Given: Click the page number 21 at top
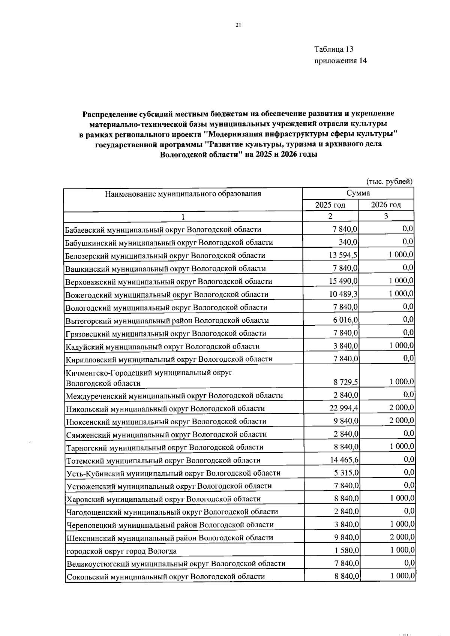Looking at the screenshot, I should (x=238, y=25).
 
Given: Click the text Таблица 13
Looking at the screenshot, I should (x=334, y=49).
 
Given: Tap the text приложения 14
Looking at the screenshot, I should (x=340, y=61).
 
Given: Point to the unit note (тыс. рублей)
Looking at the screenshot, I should (x=389, y=181).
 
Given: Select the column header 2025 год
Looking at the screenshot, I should (x=330, y=205).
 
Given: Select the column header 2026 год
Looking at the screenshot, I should (x=385, y=205).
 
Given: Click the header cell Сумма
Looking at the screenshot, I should (x=358, y=193).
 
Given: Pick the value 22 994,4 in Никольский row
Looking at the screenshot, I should (x=344, y=408).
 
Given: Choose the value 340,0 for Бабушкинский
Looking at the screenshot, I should (x=348, y=242).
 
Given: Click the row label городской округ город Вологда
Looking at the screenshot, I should (x=121, y=551).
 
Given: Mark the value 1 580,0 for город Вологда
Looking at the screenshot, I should (x=346, y=551).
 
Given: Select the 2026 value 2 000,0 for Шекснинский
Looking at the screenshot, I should (x=402, y=537).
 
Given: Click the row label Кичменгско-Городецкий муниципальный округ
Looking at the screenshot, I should (x=149, y=373).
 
